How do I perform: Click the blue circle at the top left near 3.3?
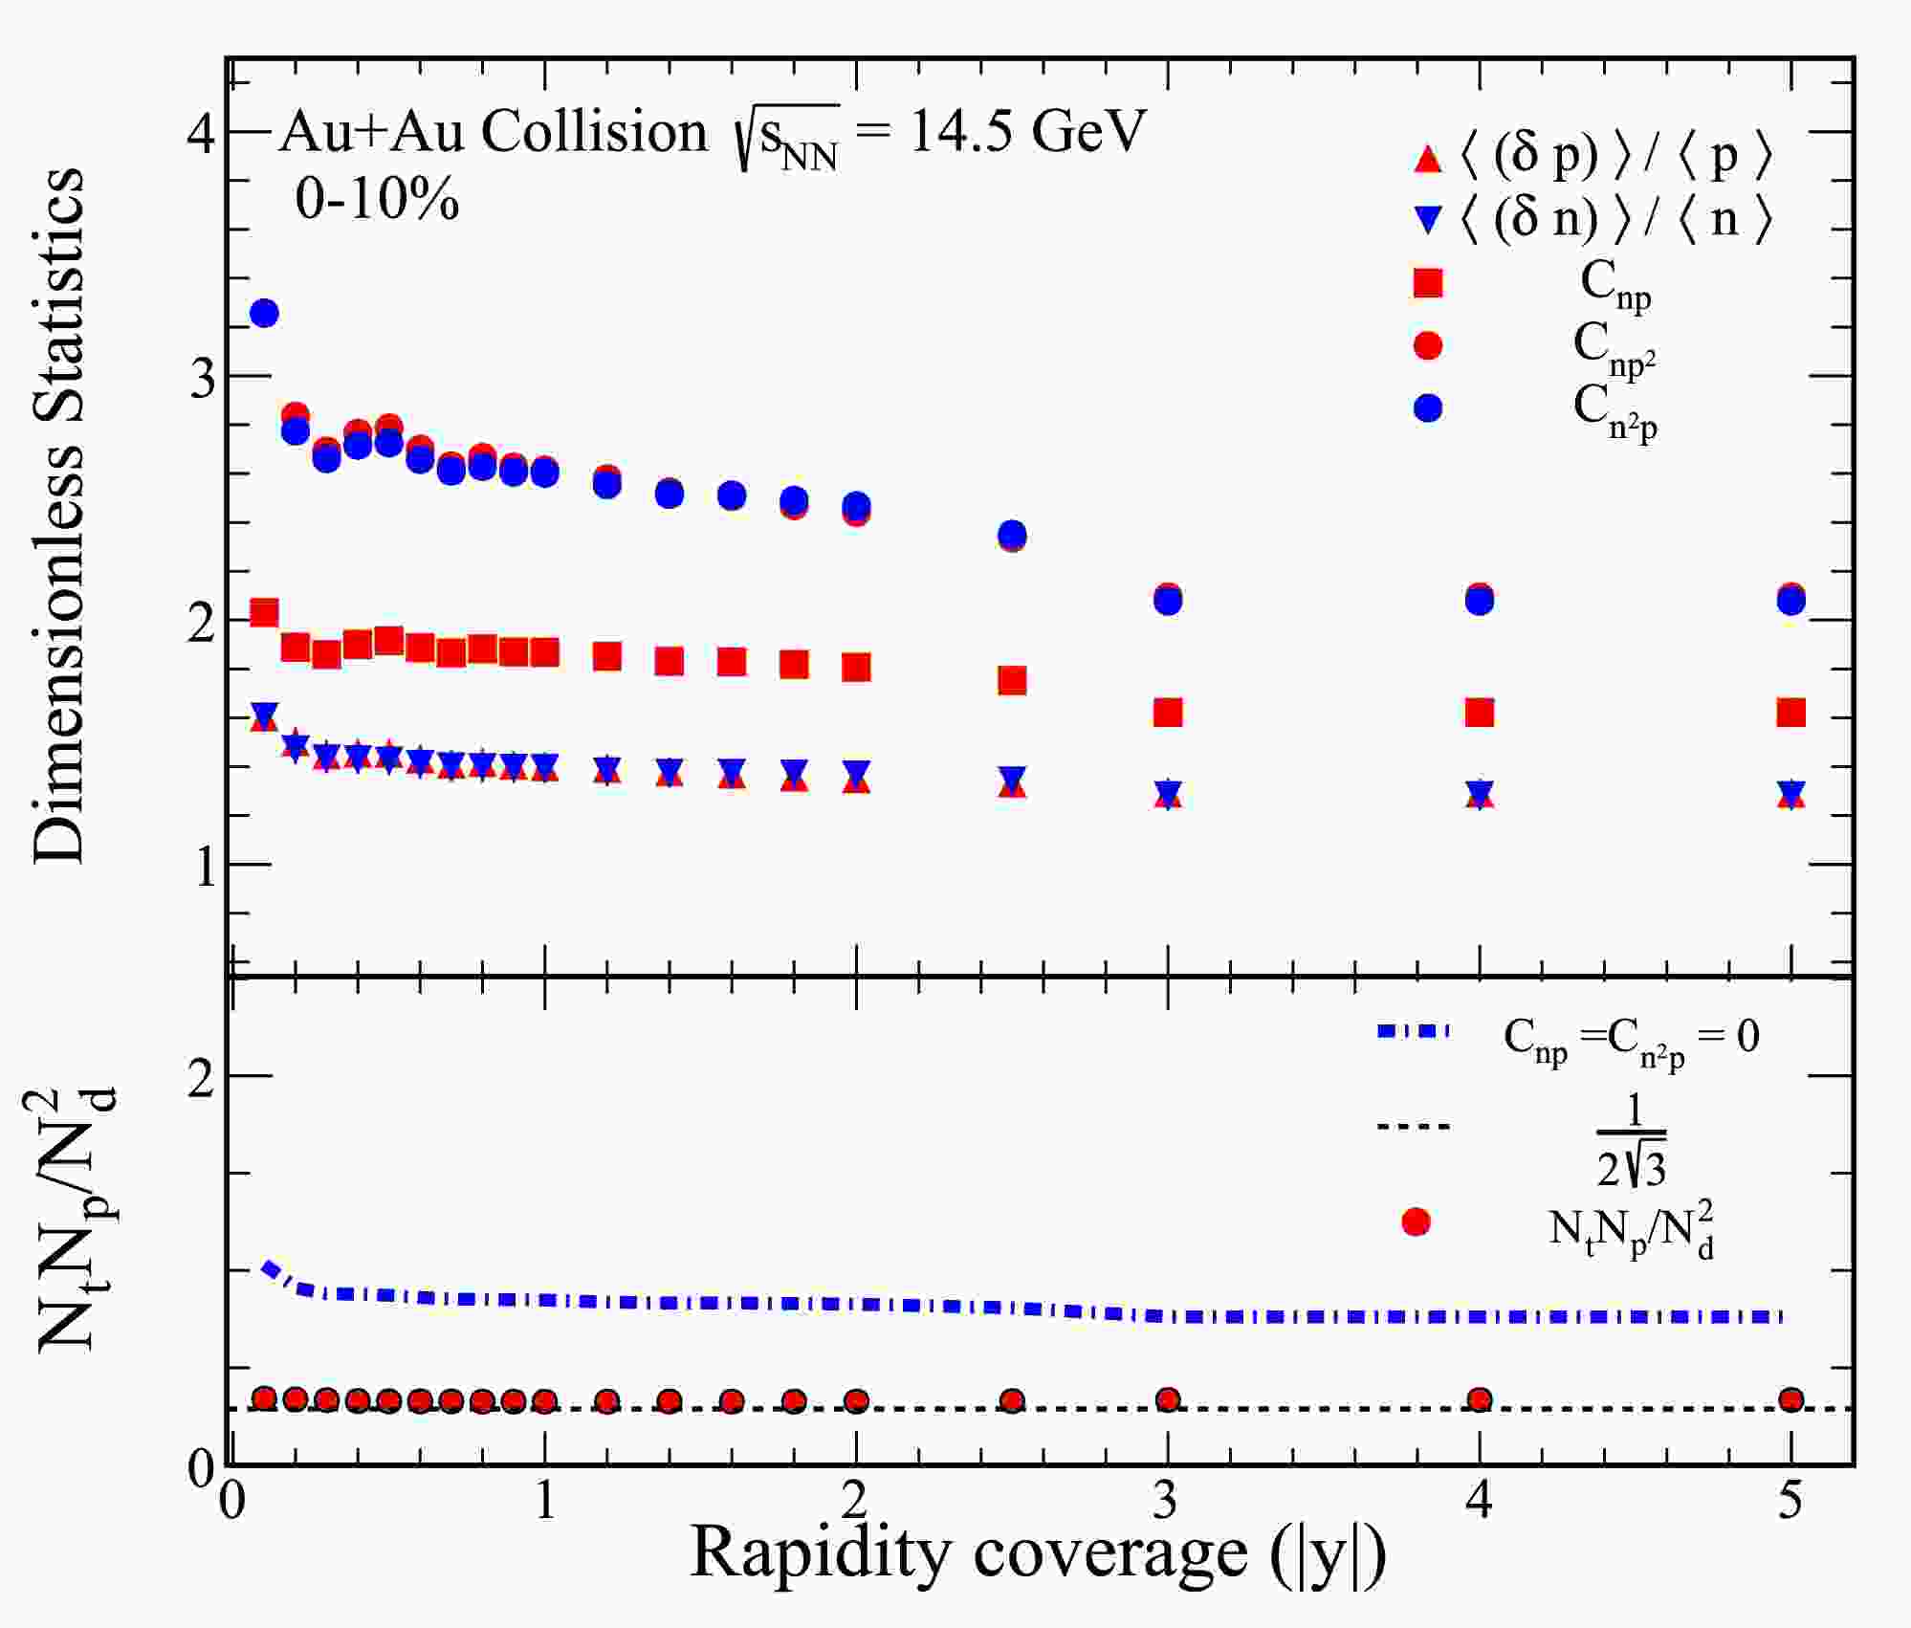[264, 313]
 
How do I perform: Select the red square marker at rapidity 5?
[1790, 713]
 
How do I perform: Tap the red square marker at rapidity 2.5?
[1012, 681]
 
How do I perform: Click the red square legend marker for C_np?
[1427, 283]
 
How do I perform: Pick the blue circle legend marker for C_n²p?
[1427, 408]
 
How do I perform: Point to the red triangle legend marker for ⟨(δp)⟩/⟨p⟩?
[1427, 160]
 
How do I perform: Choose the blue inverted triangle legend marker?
[1427, 221]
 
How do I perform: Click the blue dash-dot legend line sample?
[1414, 1031]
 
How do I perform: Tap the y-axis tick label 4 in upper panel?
[202, 131]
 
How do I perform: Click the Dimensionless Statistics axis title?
[59, 517]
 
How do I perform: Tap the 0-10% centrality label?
[377, 201]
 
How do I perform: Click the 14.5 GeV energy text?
[1025, 131]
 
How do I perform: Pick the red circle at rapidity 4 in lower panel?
[1479, 1400]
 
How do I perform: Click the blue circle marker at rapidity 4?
[1479, 602]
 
